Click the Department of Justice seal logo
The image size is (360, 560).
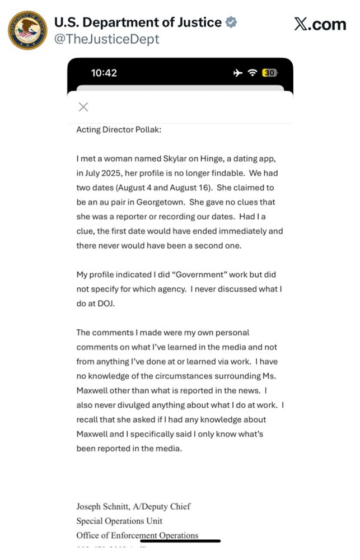pos(27,30)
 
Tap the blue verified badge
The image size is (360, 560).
pos(231,22)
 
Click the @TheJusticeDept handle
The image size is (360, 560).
pos(106,39)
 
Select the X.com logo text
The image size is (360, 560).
pos(320,24)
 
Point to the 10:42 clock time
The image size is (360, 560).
pos(104,73)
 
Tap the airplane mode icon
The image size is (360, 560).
pos(239,73)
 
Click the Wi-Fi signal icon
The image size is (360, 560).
pos(253,73)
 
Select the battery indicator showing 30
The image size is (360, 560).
pos(269,73)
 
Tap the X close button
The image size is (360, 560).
pos(83,107)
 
